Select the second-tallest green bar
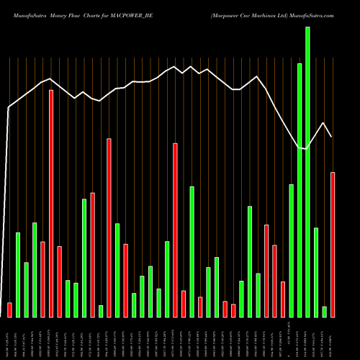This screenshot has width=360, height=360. tap(300, 190)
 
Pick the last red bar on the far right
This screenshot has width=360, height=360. tap(333, 244)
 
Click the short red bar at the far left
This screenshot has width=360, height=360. tap(9, 310)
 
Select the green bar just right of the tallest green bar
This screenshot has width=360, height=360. tap(316, 272)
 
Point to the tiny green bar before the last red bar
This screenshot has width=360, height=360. tap(325, 311)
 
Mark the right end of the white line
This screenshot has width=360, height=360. tap(332, 137)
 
